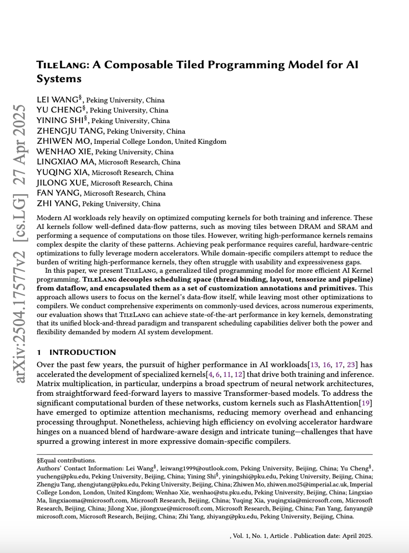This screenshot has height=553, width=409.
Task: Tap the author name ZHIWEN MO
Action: [x=64, y=141]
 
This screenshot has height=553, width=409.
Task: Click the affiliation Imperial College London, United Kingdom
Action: [x=160, y=142]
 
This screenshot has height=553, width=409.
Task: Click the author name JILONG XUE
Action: [x=62, y=183]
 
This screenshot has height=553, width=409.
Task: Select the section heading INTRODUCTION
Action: [x=82, y=352]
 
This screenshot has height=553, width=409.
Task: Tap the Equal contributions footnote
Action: [x=66, y=460]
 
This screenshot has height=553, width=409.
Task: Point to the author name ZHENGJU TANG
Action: [x=70, y=131]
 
